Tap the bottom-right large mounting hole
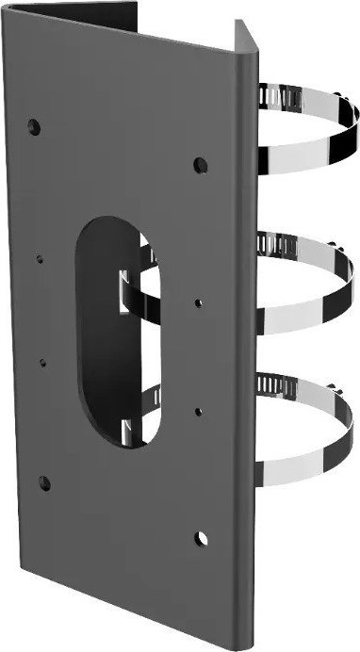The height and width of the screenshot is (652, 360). (x=203, y=539)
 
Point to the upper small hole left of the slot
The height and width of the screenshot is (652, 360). (x=40, y=253)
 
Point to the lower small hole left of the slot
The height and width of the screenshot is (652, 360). (x=43, y=360)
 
